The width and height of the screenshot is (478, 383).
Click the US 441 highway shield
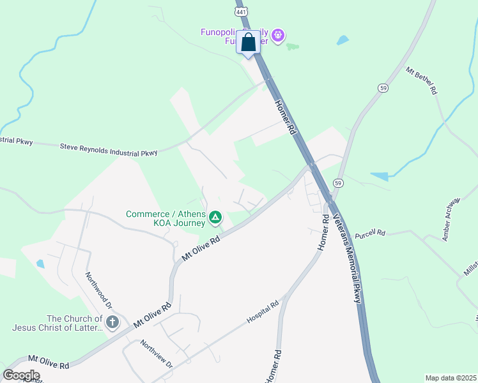(240, 12)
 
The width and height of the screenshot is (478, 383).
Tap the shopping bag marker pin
(249, 43)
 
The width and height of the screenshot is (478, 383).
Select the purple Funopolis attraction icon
(277, 36)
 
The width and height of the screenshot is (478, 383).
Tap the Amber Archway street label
(451, 219)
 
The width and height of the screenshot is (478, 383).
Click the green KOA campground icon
(216, 218)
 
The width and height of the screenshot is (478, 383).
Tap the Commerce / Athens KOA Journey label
(166, 218)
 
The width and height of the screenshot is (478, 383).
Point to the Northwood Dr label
(98, 291)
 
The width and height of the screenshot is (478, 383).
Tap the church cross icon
(112, 322)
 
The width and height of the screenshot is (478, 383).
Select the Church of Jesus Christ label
(57, 323)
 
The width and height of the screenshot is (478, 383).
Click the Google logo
(21, 375)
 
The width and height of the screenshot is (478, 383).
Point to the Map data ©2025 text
(451, 378)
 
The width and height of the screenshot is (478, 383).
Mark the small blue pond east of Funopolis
(343, 40)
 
